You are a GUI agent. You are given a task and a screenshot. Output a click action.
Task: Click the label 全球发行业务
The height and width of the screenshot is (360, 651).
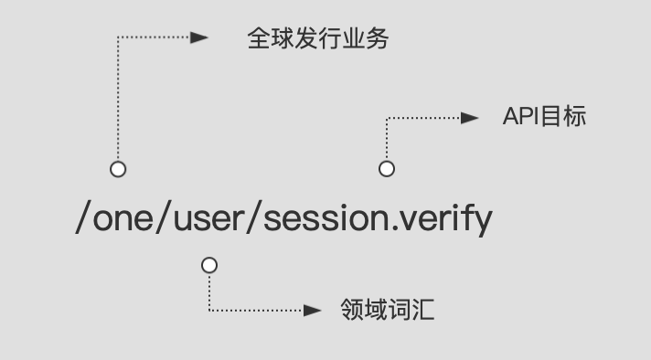[318, 38]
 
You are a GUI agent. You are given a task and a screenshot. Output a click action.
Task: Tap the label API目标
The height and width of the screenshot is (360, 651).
[543, 117]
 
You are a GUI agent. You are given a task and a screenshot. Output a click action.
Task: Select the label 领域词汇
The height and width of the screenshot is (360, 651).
[387, 310]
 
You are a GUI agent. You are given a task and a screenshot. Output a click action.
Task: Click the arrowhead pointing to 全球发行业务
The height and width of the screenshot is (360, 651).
[199, 38]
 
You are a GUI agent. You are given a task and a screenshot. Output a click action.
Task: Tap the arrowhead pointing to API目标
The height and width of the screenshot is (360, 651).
[469, 117]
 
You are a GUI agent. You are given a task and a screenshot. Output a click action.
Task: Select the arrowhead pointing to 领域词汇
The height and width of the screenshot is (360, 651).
[312, 311]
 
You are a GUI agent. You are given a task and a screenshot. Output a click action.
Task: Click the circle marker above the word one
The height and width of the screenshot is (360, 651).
[117, 169]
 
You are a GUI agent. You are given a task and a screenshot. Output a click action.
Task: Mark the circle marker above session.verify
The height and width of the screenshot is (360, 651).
[387, 169]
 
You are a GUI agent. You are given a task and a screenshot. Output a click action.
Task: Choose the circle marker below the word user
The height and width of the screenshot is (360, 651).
[209, 265]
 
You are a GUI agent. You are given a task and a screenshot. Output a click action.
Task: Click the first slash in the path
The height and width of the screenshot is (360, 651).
[82, 219]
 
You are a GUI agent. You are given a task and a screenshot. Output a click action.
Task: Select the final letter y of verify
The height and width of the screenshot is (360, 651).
[483, 222]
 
